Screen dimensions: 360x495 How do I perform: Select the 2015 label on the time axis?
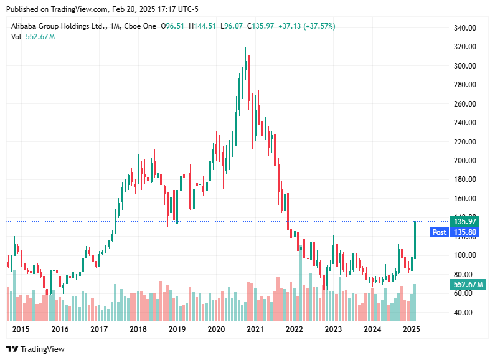[21, 329]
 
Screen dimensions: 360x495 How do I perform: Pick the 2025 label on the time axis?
[411, 329]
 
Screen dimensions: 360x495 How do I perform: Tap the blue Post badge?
[439, 232]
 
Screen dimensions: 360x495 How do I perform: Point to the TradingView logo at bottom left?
[35, 349]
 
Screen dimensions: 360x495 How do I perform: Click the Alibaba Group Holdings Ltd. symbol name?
[57, 26]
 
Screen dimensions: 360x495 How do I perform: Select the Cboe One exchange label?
[140, 26]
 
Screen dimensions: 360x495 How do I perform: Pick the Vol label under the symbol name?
[17, 37]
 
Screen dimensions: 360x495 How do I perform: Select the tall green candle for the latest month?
[415, 240]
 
